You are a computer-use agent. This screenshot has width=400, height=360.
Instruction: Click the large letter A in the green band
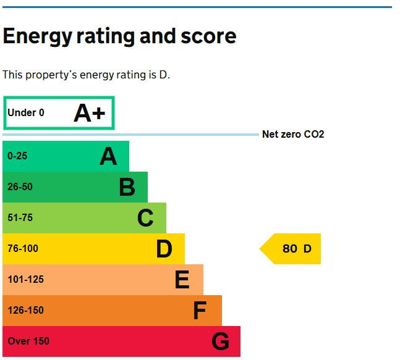(108, 157)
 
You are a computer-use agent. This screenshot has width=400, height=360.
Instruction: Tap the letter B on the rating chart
(127, 187)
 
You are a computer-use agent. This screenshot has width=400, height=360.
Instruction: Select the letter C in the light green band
(145, 218)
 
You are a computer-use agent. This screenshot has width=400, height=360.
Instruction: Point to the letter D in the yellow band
(164, 249)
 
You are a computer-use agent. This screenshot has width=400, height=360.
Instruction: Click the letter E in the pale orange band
(182, 280)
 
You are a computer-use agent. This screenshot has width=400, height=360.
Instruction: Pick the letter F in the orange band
(199, 311)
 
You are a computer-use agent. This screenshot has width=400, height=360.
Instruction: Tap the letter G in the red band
(220, 341)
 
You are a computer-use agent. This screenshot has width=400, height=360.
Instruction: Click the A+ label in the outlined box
(90, 114)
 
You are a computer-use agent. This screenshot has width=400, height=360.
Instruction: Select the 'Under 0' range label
(26, 113)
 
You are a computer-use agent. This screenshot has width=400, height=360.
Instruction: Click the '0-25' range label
(17, 156)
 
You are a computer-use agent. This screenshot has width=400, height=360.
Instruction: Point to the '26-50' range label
(20, 187)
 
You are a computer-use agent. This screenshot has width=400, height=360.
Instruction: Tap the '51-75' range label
(20, 218)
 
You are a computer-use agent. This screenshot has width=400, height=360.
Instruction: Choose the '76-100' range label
(23, 249)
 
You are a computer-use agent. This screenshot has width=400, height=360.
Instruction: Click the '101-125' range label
(25, 280)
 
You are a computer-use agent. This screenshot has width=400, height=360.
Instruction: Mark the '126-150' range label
(25, 311)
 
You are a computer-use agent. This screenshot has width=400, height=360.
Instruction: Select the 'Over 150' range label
(28, 341)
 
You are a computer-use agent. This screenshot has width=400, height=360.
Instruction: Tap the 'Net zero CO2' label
(293, 135)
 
